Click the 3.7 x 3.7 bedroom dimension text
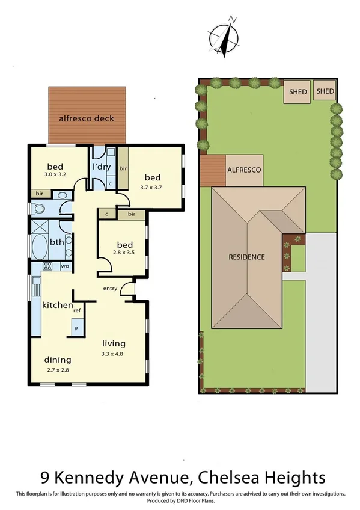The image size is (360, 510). [153, 187]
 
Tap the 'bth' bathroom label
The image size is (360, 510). [57, 242]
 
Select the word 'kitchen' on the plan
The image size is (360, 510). [57, 305]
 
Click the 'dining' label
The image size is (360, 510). [57, 360]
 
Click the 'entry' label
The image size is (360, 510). [110, 289]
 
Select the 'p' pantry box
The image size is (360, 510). [76, 328]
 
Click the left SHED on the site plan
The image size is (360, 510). [298, 92]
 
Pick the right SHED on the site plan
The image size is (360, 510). [325, 91]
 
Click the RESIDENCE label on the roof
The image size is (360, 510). [246, 257]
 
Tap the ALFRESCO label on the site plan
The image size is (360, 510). [244, 170]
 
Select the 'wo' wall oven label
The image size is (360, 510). [64, 265]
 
